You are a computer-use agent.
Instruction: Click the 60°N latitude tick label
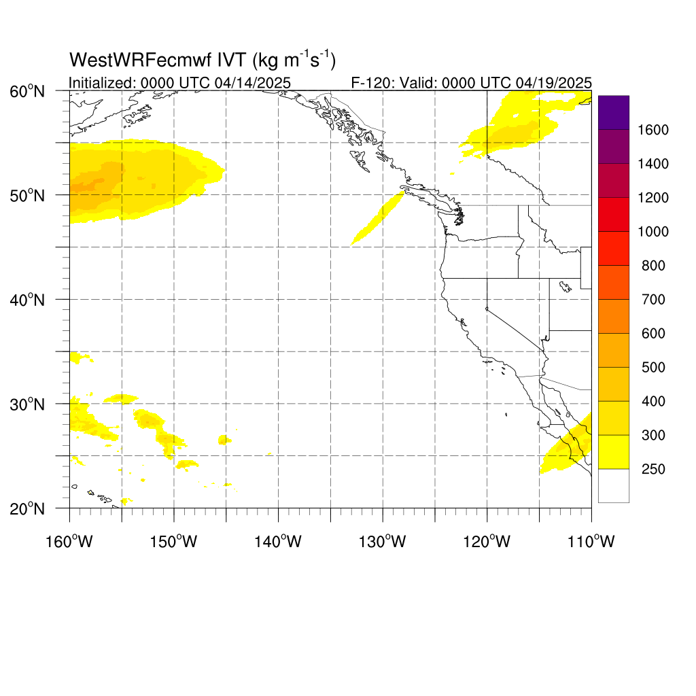tap(27, 92)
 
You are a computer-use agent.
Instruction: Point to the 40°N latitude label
tap(27, 300)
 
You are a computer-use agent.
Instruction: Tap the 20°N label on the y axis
tap(27, 508)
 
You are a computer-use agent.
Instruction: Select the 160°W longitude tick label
tap(69, 542)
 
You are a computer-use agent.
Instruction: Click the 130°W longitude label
tap(383, 542)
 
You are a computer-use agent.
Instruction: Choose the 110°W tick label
tap(591, 542)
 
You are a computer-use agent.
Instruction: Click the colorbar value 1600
tap(653, 130)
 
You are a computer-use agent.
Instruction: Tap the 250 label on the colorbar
tap(653, 469)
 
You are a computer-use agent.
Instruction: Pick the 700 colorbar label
tap(653, 300)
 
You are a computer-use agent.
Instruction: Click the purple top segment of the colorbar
tap(614, 112)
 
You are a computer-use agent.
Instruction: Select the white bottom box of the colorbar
tap(614, 485)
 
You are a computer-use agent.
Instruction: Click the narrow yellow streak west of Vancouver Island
tap(378, 217)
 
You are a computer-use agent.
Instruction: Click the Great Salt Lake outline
tap(565, 287)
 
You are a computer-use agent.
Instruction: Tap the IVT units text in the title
tap(294, 60)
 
